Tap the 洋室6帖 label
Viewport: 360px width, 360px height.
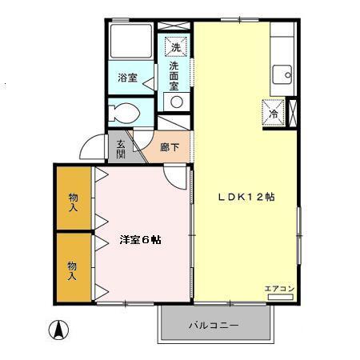[140, 239]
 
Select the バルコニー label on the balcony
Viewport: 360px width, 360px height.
[212, 326]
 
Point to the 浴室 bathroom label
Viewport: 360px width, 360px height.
[127, 78]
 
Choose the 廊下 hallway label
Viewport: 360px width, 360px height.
[169, 147]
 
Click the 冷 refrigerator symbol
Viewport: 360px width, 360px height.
[272, 112]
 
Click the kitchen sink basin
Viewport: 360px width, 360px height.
[282, 75]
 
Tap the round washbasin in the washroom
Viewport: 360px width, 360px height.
[175, 101]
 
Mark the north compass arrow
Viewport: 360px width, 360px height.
[58, 329]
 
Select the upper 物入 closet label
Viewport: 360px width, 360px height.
[73, 202]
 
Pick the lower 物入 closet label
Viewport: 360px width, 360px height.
[73, 270]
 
